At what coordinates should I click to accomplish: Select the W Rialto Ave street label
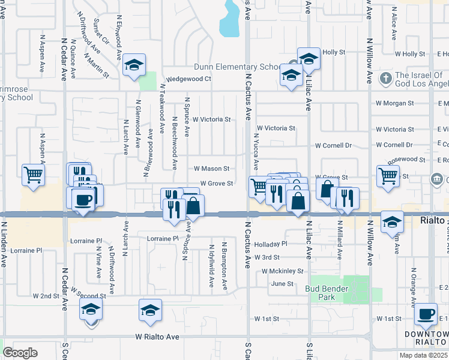pyautogui.click(x=157, y=337)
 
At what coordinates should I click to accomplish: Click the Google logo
pyautogui.click(x=20, y=353)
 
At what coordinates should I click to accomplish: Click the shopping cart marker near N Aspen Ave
pyautogui.click(x=34, y=175)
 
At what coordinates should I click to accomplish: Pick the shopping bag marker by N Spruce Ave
pyautogui.click(x=193, y=206)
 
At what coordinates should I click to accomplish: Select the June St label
pyautogui.click(x=282, y=284)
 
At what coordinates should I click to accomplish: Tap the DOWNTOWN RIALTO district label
pyautogui.click(x=427, y=338)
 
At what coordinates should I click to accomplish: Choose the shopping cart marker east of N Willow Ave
pyautogui.click(x=388, y=176)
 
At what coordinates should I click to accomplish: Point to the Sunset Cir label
pyautogui.click(x=100, y=31)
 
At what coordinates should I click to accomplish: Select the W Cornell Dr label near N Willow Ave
pyautogui.click(x=394, y=145)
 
